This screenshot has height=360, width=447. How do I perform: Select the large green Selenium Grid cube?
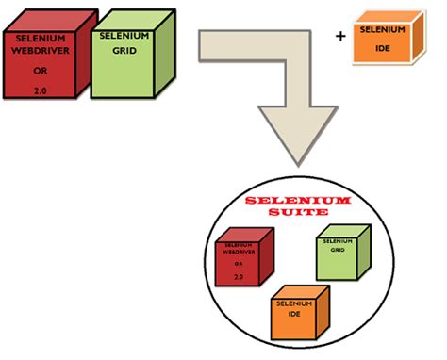(127, 61)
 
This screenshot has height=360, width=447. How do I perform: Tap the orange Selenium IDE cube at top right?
(384, 40)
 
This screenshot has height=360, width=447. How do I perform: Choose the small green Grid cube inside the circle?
(340, 254)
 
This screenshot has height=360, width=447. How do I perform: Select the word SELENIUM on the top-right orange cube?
(381, 29)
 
